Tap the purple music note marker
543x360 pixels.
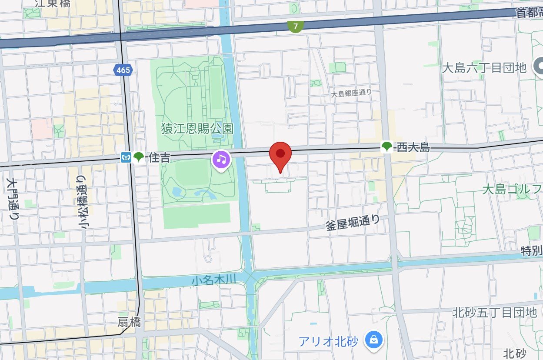click(x=221, y=160)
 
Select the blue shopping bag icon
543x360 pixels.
click(x=373, y=340)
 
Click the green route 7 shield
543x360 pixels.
click(x=296, y=27)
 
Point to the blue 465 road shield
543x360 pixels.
click(x=123, y=70)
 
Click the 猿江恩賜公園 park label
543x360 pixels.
click(x=197, y=129)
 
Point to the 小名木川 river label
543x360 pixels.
click(x=213, y=280)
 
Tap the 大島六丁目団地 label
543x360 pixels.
click(x=484, y=68)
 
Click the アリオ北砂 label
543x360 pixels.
click(x=328, y=341)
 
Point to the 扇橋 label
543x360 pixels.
click(x=129, y=322)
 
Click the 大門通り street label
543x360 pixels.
click(x=12, y=197)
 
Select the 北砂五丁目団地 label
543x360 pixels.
click(x=495, y=312)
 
